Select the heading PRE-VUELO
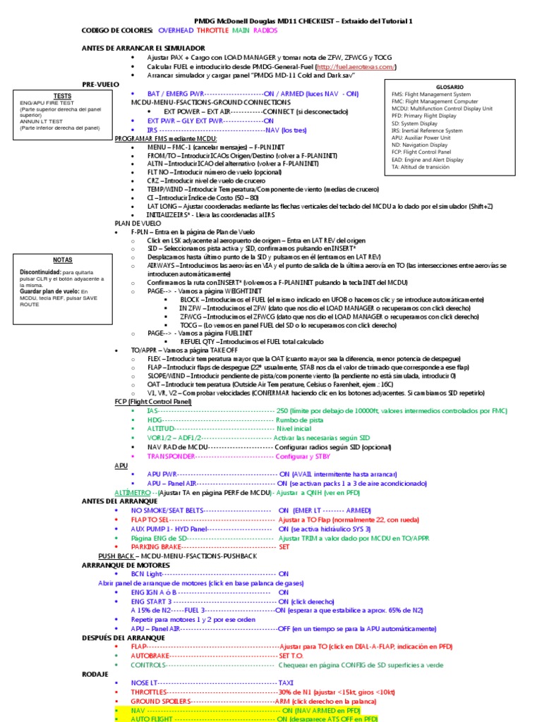click(102, 84)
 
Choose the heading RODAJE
click(95, 674)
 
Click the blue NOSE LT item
click(145, 683)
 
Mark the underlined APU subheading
click(121, 465)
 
